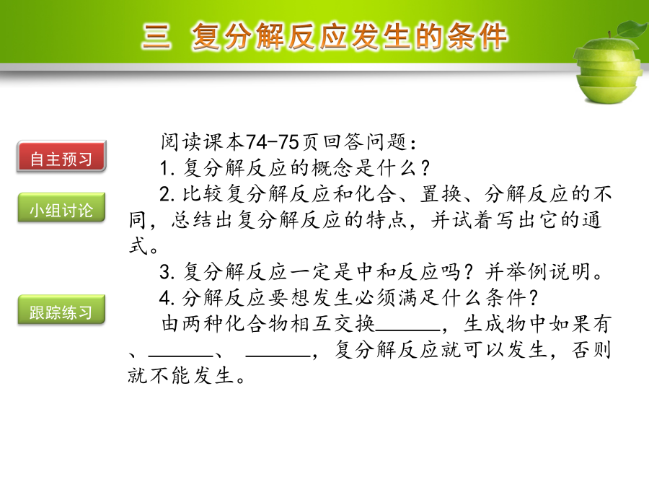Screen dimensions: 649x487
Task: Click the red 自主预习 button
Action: (61, 156)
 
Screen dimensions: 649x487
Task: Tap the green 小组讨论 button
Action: (61, 208)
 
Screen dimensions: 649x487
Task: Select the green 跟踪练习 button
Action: (61, 310)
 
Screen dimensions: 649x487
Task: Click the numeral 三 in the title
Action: (156, 37)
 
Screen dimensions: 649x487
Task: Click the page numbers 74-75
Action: (273, 142)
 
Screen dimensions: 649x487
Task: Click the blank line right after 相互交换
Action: (407, 330)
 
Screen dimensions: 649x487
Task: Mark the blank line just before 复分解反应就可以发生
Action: (278, 356)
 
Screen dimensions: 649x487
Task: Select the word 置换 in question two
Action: (441, 194)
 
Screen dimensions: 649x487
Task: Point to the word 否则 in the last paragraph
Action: (592, 350)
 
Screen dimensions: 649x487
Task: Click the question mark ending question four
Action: (533, 298)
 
